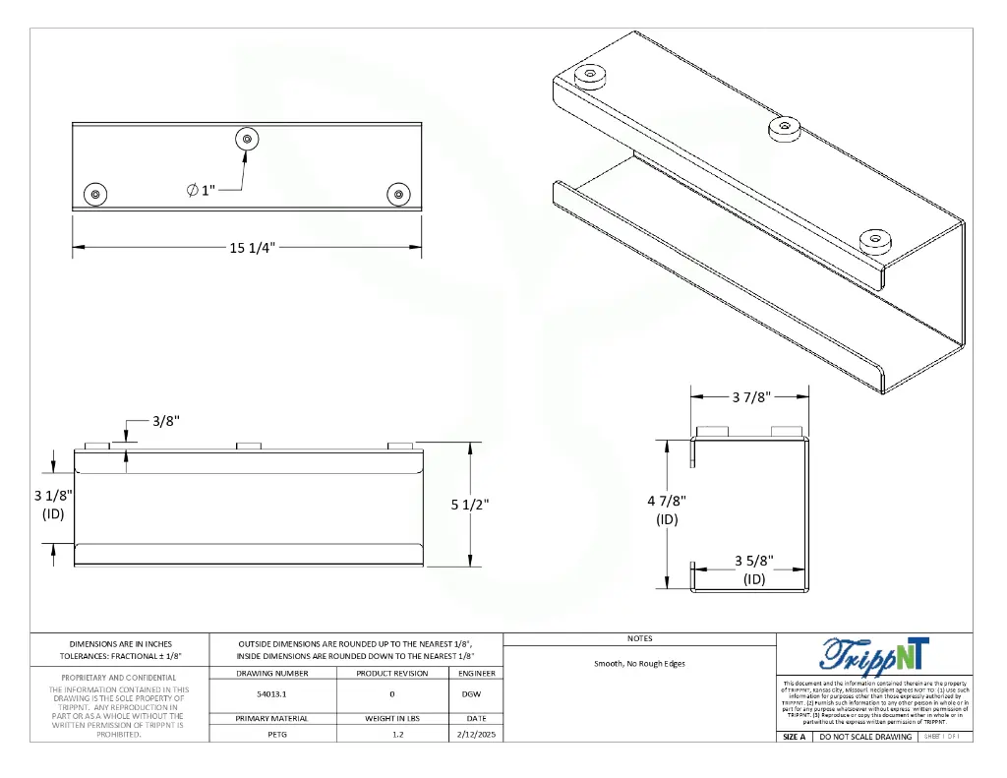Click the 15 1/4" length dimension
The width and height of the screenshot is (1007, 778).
[252, 247]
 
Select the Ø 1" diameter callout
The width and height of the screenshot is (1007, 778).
[201, 190]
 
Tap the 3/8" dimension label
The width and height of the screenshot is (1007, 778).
[165, 421]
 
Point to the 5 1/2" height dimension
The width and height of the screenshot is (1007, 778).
[470, 505]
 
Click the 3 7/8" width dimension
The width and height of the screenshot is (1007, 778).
[750, 397]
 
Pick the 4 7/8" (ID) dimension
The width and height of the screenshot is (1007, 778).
[666, 509]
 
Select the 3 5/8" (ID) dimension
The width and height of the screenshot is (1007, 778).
[754, 569]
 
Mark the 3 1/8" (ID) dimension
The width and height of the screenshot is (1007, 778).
[53, 504]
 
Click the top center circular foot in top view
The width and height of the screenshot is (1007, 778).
[246, 140]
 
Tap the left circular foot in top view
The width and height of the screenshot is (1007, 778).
[95, 194]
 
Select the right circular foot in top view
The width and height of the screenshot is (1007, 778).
[398, 194]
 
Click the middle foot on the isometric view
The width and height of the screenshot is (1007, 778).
[784, 126]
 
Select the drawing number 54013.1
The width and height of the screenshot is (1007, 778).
[271, 694]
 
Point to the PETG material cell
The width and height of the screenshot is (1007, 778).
[271, 735]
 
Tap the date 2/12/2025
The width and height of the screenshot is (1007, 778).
[476, 735]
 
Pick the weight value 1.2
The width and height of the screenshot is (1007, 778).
[391, 735]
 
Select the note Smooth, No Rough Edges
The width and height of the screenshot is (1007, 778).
[639, 664]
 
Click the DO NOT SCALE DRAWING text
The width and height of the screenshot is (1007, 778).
[865, 737]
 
